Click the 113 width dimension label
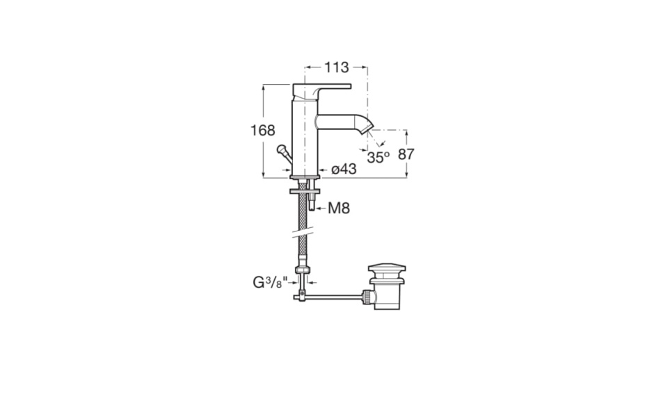pyautogui.click(x=336, y=67)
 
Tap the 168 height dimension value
pyautogui.click(x=262, y=131)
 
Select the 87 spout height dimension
pyautogui.click(x=406, y=154)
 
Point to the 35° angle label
pyautogui.click(x=378, y=158)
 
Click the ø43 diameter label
pyautogui.click(x=344, y=169)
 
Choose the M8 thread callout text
pyautogui.click(x=339, y=208)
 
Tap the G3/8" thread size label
pyautogui.click(x=270, y=281)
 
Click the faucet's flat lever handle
pyautogui.click(x=322, y=92)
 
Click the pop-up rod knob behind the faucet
pyautogui.click(x=281, y=149)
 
